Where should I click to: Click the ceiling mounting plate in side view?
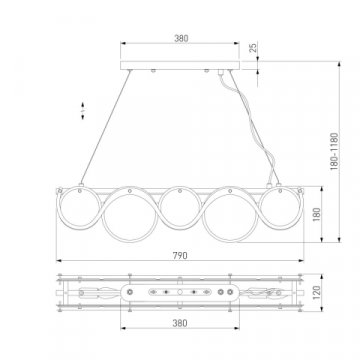(181, 66)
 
